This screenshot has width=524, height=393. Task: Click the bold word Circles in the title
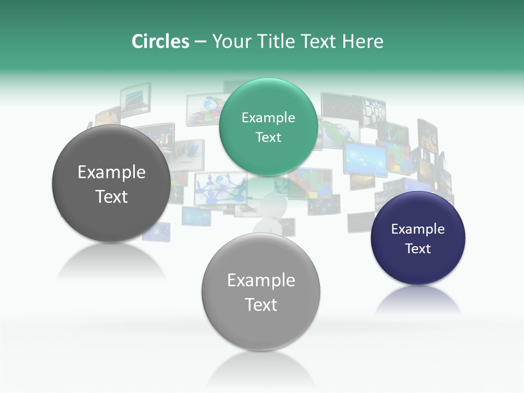pyautogui.click(x=160, y=41)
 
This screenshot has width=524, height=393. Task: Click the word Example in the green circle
pyautogui.click(x=268, y=118)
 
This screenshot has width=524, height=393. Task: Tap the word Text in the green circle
pyautogui.click(x=268, y=138)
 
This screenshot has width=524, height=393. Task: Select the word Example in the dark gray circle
pyautogui.click(x=111, y=172)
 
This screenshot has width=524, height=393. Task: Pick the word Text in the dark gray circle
pyautogui.click(x=111, y=196)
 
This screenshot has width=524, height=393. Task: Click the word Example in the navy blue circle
pyautogui.click(x=418, y=229)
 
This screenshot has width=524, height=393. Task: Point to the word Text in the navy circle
pyautogui.click(x=418, y=249)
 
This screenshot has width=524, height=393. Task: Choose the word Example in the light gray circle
pyautogui.click(x=261, y=281)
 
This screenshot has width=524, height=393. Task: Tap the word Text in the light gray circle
pyautogui.click(x=261, y=305)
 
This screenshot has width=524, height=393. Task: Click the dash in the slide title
pyautogui.click(x=200, y=42)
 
